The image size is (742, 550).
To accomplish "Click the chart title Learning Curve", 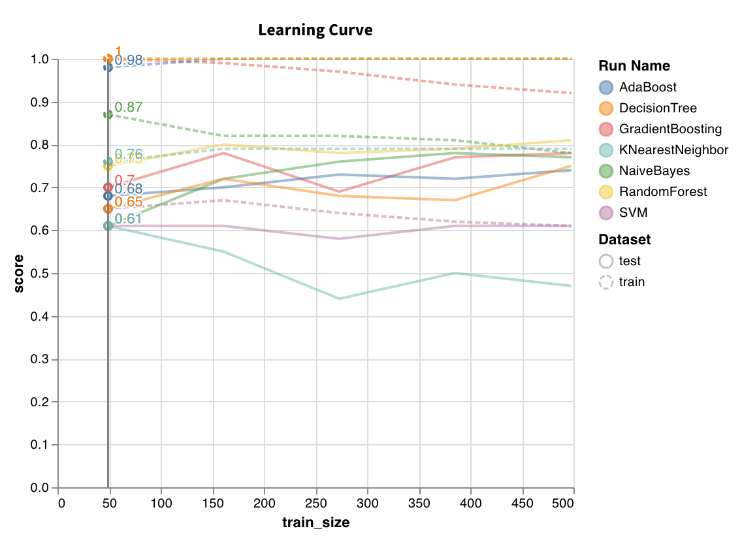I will (315, 30).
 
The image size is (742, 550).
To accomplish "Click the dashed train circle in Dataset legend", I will (606, 282).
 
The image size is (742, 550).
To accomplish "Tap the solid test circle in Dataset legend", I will (606, 261).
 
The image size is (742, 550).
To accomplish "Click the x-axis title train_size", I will (315, 523).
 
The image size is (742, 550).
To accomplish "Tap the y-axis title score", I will (19, 274).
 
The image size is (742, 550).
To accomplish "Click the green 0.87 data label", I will (128, 107).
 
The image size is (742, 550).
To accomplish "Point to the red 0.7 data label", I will (125, 180).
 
